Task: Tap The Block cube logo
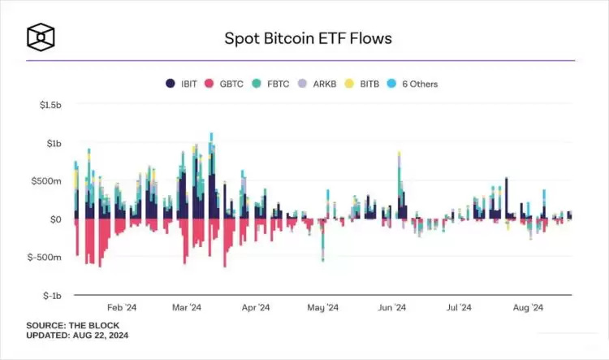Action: click(x=40, y=37)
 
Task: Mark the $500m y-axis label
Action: click(x=45, y=182)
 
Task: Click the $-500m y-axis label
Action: click(x=44, y=258)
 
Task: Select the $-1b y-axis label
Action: click(x=50, y=296)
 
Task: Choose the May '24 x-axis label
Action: click(x=323, y=308)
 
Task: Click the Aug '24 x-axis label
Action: click(x=528, y=308)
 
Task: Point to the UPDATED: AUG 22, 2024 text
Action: click(x=77, y=336)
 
